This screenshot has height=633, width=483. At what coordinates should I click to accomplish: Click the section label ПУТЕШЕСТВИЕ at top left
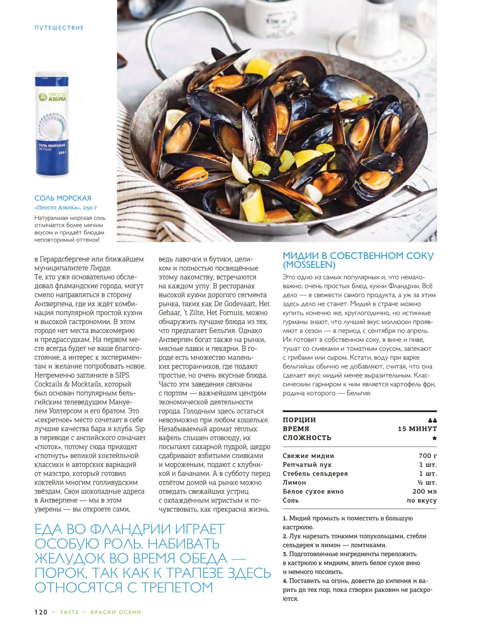pos(59,28)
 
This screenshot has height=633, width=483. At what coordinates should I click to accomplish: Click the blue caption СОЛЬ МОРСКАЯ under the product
pos(63,198)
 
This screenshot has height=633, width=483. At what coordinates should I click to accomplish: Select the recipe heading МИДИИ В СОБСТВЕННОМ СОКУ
pos(358,256)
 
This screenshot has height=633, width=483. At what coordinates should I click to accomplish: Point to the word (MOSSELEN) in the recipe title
pos(309,265)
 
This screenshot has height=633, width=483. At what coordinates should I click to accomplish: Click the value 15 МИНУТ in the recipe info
pos(417,429)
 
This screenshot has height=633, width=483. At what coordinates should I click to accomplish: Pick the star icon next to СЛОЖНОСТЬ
pos(434,438)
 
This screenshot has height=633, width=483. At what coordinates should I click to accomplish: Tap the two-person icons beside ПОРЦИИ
pos(432,420)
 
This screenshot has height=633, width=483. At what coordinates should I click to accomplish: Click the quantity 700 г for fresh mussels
pos(427,456)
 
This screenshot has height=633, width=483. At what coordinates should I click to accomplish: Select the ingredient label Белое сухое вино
pos(313,491)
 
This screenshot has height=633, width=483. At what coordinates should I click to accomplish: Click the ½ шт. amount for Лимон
pos(427,482)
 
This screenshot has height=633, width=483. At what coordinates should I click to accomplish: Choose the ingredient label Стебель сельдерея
pos(315,474)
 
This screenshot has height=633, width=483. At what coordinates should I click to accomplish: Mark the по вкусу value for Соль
pos(421,501)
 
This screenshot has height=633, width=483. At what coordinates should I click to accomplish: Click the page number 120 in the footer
pos(41,612)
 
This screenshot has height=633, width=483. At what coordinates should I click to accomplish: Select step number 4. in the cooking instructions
pos(285,581)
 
